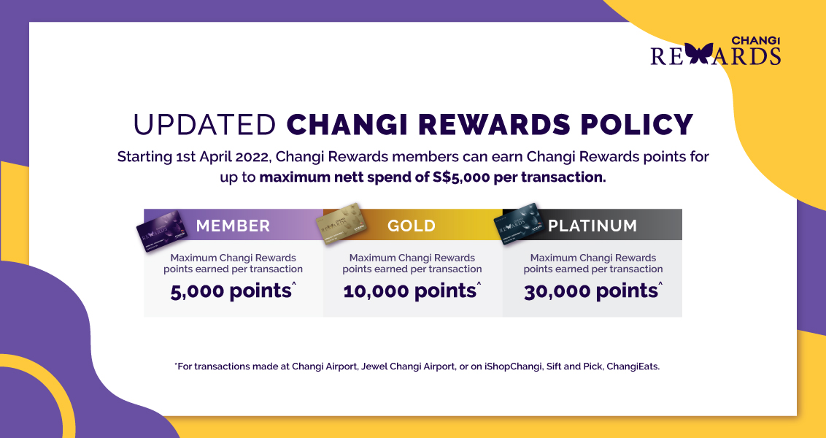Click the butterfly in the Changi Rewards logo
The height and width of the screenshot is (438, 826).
[699, 54]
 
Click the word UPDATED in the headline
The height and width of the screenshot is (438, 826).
[204, 124]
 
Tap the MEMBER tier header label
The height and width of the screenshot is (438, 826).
[233, 226]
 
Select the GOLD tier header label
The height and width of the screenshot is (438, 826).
[412, 226]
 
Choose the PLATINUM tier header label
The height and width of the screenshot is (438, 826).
[593, 226]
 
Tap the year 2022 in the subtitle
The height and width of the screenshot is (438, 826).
[257, 157]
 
